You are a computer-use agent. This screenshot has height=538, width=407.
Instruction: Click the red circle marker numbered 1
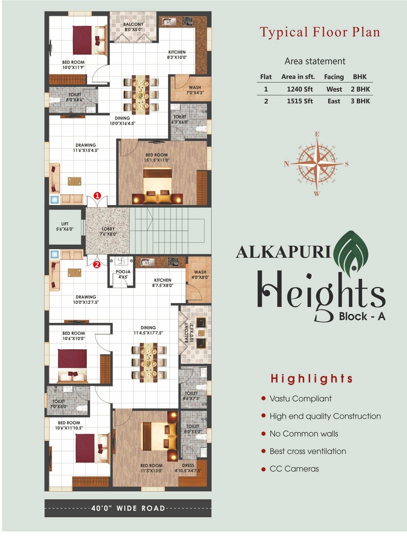[x=97, y=195]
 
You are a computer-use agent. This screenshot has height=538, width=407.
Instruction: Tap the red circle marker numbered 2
[x=97, y=265]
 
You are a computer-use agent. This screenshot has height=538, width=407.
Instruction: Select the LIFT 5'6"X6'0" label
[x=65, y=226]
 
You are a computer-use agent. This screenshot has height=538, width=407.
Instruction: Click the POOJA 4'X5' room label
[x=123, y=274]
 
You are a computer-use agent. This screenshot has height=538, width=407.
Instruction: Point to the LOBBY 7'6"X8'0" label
[x=108, y=232]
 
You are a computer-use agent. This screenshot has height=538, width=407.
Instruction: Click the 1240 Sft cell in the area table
[x=300, y=89]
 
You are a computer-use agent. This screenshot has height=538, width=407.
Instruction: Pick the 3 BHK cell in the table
[x=360, y=101]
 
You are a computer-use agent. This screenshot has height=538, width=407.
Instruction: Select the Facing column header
[x=334, y=77]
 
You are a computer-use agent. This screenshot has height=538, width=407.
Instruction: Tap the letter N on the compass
[x=286, y=164]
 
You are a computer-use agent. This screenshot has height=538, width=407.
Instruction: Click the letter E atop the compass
[x=317, y=134]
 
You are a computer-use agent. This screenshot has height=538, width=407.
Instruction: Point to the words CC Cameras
[x=294, y=469]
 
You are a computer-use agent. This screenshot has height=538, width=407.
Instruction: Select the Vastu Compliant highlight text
[x=301, y=399]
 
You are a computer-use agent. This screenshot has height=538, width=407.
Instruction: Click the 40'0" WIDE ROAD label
[x=128, y=508]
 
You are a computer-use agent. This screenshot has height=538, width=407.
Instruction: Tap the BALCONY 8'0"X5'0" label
[x=133, y=27]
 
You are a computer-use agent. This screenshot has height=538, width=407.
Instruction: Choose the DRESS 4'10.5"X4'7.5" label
[x=188, y=468]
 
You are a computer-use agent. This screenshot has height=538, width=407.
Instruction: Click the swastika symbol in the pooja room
[x=121, y=261]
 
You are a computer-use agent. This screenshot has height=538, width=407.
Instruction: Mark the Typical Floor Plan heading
[x=320, y=32]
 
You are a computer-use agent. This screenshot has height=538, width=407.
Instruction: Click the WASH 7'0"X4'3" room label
[x=195, y=90]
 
